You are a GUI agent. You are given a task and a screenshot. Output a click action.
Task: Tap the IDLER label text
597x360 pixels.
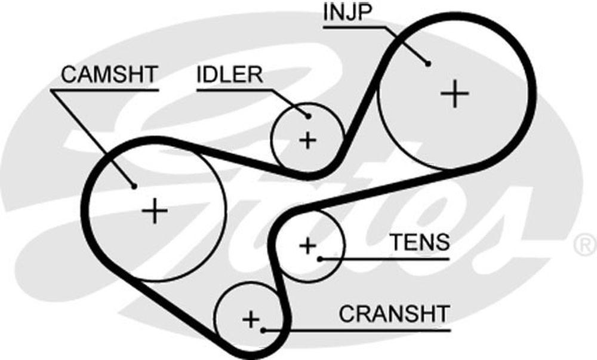[x=230, y=75]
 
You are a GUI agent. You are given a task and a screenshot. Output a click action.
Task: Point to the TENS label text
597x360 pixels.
[x=419, y=242]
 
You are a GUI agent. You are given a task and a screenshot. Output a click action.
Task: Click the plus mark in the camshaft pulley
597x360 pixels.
[x=155, y=211]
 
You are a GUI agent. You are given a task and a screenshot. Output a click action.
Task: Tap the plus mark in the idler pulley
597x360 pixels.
[x=307, y=140]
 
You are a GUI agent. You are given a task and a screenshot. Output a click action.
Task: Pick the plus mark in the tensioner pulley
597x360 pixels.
[x=307, y=244]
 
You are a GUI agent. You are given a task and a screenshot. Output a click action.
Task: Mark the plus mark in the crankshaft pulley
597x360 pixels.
[x=250, y=318]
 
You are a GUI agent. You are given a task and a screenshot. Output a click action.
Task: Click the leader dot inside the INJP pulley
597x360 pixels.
[x=428, y=63]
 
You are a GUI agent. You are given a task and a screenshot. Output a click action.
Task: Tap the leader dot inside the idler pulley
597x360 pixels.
[x=308, y=117]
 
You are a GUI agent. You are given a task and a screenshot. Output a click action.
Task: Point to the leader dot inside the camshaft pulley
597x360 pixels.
[x=135, y=186]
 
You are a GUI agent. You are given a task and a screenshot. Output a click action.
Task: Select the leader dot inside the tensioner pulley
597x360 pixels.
[x=321, y=259]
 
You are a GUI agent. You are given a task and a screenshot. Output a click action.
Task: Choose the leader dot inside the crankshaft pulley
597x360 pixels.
[x=263, y=328]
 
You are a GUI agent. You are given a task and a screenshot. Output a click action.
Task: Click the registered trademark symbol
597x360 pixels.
[x=584, y=244]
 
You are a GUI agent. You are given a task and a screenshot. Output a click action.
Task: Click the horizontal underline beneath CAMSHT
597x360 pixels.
[x=104, y=90]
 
